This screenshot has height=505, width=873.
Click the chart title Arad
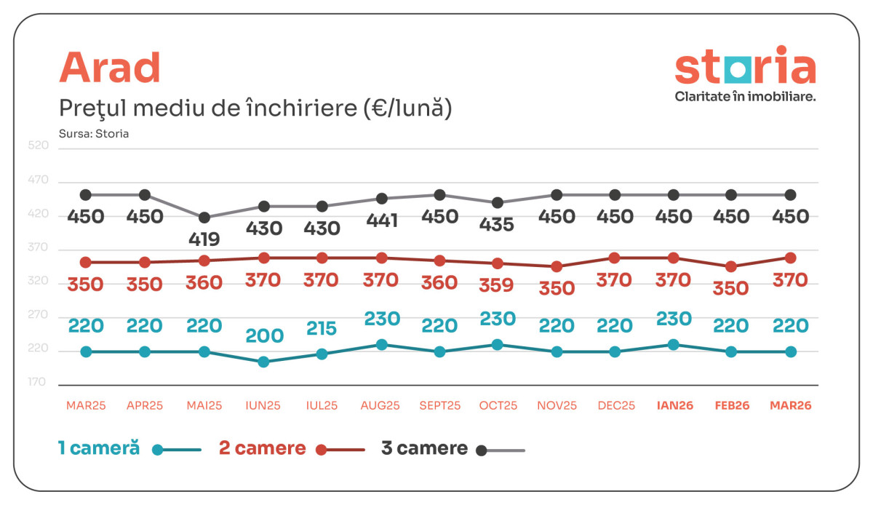click(x=109, y=68)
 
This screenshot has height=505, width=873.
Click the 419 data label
click(x=204, y=239)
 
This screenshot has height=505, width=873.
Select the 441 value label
click(x=381, y=220)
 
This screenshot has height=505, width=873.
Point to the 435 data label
click(x=498, y=224)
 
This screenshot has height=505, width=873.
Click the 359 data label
click(x=498, y=285)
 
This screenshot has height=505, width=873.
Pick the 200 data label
click(x=263, y=335)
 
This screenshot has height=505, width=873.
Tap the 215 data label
click(x=322, y=328)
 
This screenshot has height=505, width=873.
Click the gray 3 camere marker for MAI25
click(x=204, y=218)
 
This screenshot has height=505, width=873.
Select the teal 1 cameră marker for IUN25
click(x=263, y=362)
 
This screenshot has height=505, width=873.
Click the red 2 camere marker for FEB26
click(x=731, y=267)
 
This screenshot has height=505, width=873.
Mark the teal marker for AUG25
click(x=381, y=345)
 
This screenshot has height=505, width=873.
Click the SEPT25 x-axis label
click(x=439, y=406)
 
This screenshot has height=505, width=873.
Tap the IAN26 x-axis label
click(x=674, y=406)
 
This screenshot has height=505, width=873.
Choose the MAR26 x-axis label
click(x=790, y=406)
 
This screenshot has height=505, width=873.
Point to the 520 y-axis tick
click(x=39, y=146)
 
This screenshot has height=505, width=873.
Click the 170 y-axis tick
click(x=39, y=382)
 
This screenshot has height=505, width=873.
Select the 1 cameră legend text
click(x=99, y=448)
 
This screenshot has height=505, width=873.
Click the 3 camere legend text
click(x=424, y=448)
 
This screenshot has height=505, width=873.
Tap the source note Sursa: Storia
click(x=94, y=134)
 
